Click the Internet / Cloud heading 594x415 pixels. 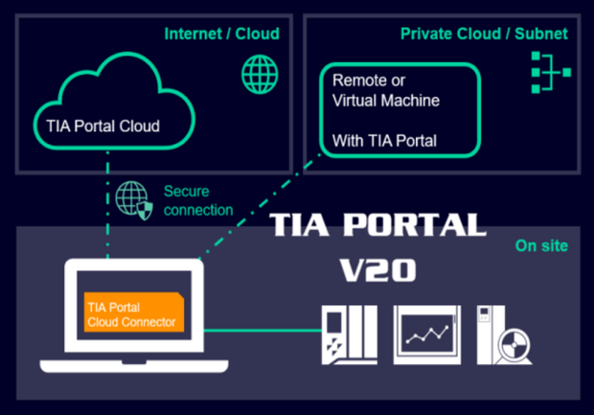click(x=222, y=34)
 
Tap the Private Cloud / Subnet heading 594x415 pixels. click(x=484, y=34)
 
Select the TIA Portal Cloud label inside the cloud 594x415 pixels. click(x=103, y=126)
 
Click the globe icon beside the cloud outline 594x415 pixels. click(x=260, y=75)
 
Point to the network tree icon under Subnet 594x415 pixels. click(x=551, y=73)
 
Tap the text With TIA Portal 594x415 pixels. click(x=384, y=141)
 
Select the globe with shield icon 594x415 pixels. click(x=134, y=200)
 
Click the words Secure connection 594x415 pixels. click(x=198, y=200)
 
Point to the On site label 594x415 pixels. click(x=541, y=246)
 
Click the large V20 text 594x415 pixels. click(x=377, y=270)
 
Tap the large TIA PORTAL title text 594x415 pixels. click(x=377, y=224)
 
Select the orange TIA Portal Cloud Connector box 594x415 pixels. click(x=134, y=312)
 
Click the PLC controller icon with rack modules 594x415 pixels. click(x=350, y=335)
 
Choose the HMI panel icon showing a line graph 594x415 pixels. click(x=427, y=335)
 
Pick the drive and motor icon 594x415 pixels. click(x=504, y=335)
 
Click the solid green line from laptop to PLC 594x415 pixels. click(x=263, y=331)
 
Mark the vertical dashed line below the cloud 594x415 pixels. click(x=108, y=205)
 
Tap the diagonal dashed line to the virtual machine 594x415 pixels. click(x=259, y=207)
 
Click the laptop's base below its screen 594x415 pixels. click(x=134, y=366)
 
